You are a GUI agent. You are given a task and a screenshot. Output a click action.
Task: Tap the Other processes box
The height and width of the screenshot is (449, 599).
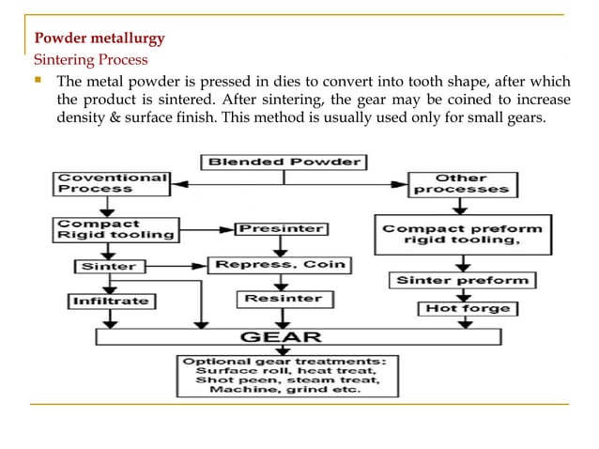pos(461,184)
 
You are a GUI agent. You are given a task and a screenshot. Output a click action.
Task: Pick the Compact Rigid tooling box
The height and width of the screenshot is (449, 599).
pos(111,230)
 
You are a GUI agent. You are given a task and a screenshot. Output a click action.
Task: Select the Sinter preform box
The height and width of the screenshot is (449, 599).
pos(462,280)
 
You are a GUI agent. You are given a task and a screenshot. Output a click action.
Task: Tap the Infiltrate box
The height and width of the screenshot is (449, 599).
pos(111,302)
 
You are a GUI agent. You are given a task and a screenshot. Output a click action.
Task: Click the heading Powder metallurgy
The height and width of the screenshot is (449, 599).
pos(100,39)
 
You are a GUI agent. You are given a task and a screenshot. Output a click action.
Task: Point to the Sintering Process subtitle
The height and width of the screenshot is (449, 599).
pos(91,60)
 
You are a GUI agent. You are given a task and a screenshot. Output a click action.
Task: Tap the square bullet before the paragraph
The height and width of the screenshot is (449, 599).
pos(38,81)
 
